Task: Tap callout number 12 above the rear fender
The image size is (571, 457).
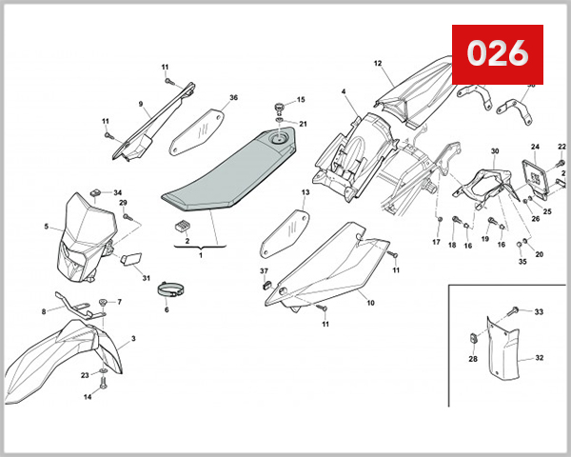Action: [x=377, y=64]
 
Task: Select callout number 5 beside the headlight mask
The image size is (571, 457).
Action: [x=47, y=227]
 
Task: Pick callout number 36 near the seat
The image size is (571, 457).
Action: [x=234, y=98]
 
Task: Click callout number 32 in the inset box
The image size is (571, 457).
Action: [x=539, y=358]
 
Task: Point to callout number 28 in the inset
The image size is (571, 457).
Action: [x=472, y=359]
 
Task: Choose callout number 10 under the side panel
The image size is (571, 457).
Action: [x=370, y=304]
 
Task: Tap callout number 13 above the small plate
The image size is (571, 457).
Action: [x=306, y=192]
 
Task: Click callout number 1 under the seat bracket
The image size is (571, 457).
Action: [x=201, y=255]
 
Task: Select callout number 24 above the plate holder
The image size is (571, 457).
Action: [x=535, y=147]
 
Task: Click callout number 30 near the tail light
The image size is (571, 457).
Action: [x=495, y=151]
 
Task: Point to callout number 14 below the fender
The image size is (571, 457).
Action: [x=88, y=397]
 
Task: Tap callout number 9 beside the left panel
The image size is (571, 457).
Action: [x=140, y=104]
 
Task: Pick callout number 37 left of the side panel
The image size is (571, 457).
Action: [x=265, y=272]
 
